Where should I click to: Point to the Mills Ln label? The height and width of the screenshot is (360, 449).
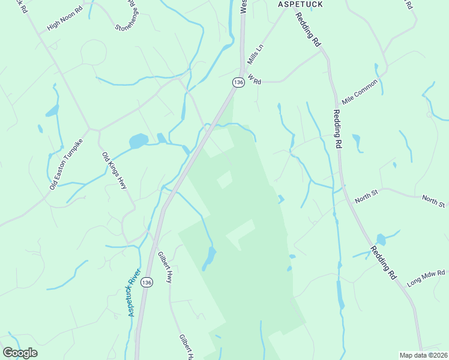pyautogui.click(x=255, y=54)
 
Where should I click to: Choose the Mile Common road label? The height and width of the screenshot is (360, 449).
pyautogui.click(x=360, y=91)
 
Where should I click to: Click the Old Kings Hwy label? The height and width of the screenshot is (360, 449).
pyautogui.click(x=114, y=172)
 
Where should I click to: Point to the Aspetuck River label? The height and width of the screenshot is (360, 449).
pyautogui.click(x=133, y=292)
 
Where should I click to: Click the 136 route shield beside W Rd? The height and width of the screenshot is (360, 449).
pyautogui.click(x=238, y=82)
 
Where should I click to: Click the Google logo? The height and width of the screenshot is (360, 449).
pyautogui.click(x=20, y=353)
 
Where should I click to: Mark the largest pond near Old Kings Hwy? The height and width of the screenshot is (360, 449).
pyautogui.click(x=138, y=141)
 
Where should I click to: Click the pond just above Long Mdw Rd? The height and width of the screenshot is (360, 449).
pyautogui.click(x=381, y=239)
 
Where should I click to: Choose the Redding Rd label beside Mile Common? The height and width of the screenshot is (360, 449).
pyautogui.click(x=337, y=130)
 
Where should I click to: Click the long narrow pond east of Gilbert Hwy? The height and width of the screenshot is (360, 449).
pyautogui.click(x=209, y=259)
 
